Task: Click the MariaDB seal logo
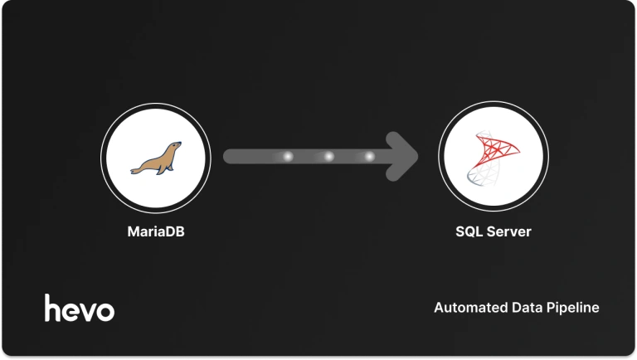pos(156,158)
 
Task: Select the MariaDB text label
pos(155,231)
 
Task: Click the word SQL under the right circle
pos(469,231)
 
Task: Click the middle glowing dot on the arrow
pos(328,156)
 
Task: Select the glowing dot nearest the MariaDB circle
pos(289,156)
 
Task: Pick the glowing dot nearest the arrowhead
pos(369,156)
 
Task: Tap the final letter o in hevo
pos(105,311)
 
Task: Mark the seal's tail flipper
pos(134,170)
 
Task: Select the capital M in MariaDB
pos(133,231)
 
